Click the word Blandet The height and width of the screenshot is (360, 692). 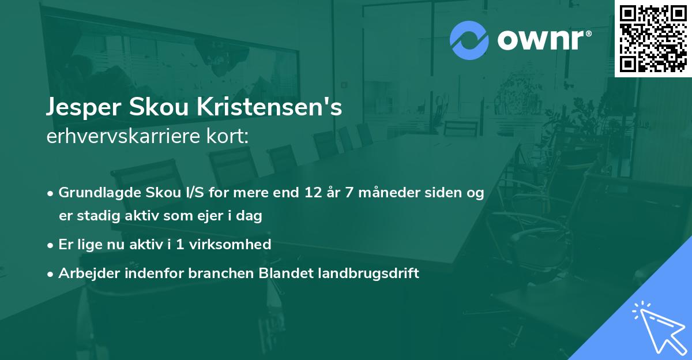point(285,273)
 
